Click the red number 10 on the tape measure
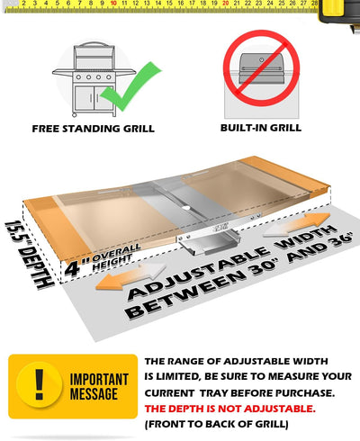click(113, 4)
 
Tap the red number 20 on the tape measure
click(225, 4)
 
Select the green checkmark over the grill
click(130, 86)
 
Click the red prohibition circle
click(261, 68)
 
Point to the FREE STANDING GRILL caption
click(94, 129)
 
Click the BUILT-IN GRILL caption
click(261, 128)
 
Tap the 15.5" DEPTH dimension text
click(29, 255)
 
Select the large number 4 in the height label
click(72, 267)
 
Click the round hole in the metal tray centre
click(186, 208)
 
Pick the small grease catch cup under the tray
click(208, 242)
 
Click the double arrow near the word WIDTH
click(296, 224)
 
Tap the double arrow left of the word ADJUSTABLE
click(130, 276)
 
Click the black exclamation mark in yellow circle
click(40, 384)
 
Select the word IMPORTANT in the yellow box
click(99, 380)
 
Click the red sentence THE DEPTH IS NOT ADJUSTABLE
click(230, 409)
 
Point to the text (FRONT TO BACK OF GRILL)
click(217, 424)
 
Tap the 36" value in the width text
click(338, 241)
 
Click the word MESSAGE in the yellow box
click(94, 394)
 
